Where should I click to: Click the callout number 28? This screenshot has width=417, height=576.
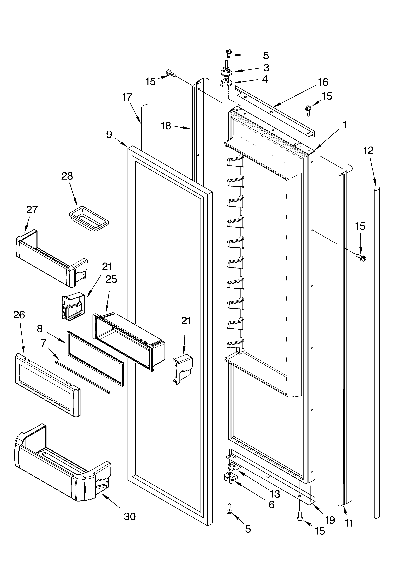coord(67,176)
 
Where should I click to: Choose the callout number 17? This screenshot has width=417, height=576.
coord(127,97)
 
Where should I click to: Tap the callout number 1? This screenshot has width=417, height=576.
coord(345,125)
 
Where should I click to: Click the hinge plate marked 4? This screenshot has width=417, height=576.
coord(226,83)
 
